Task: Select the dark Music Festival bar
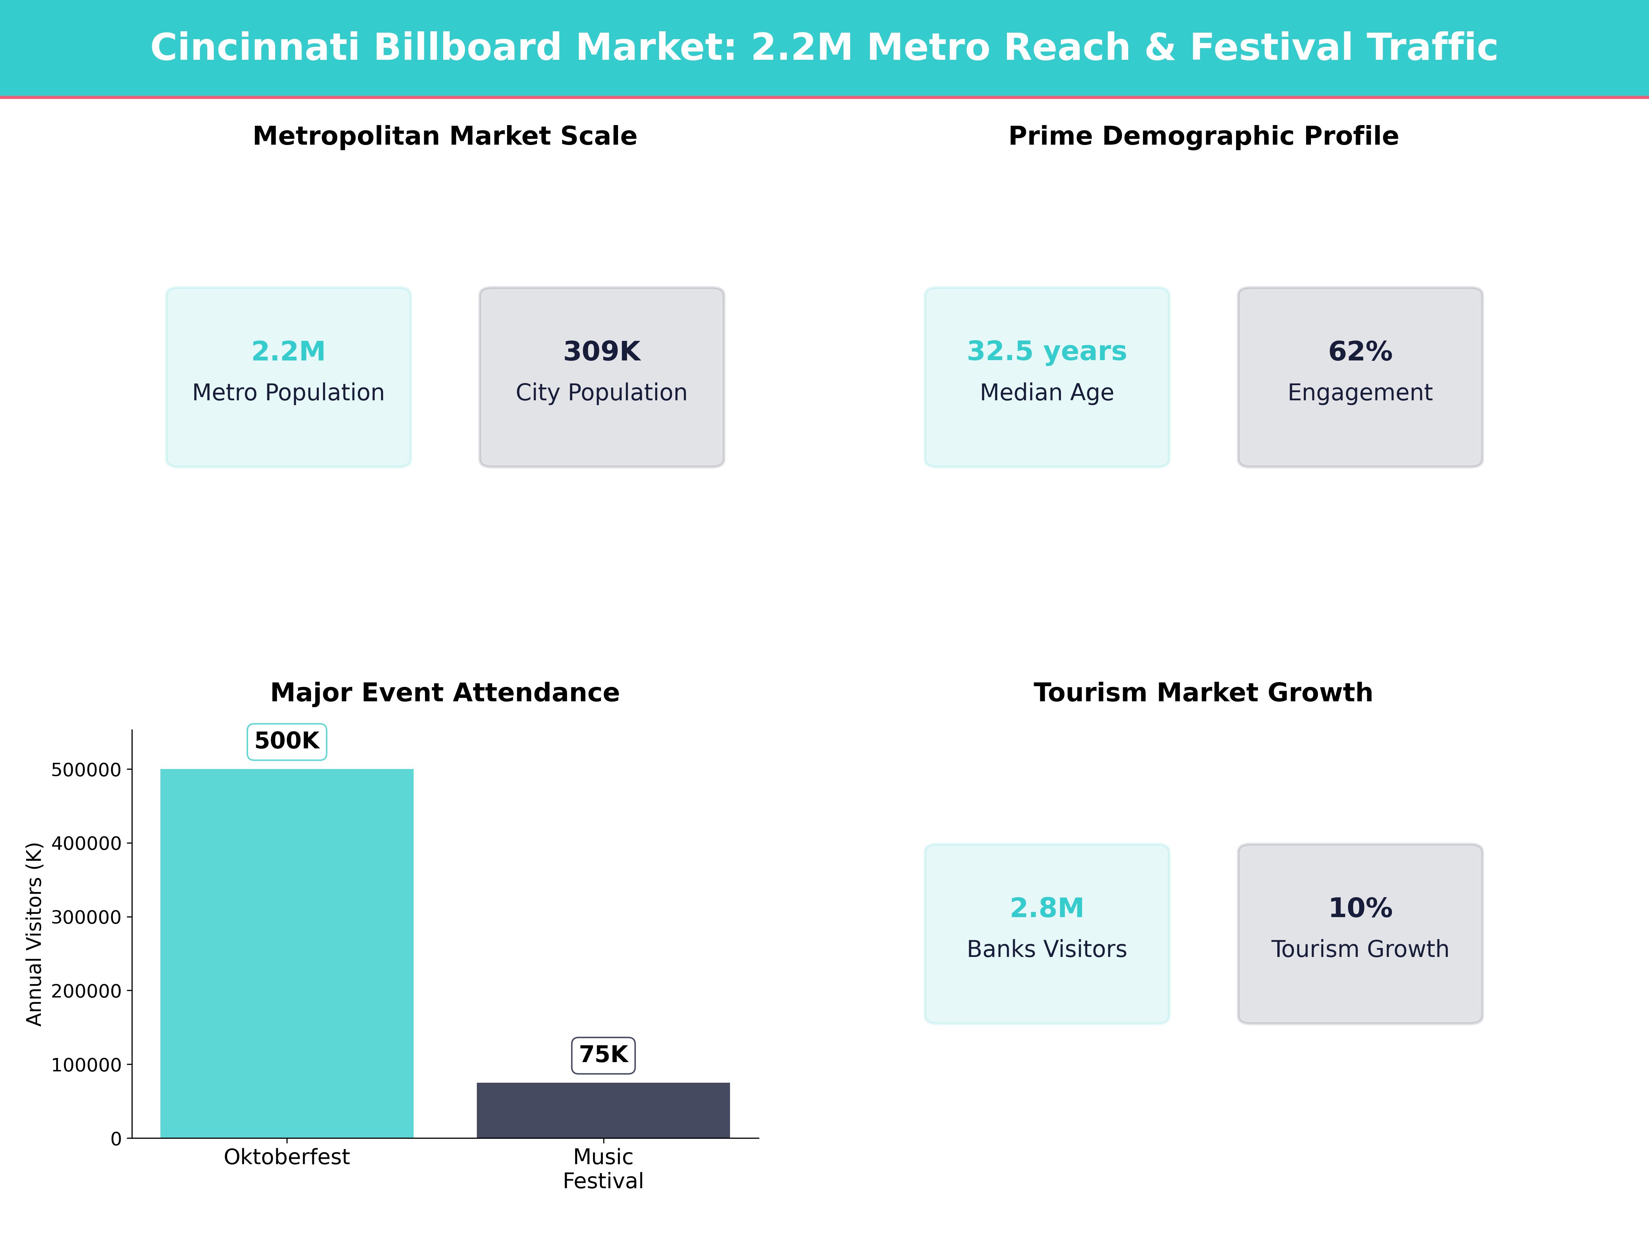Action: [603, 1110]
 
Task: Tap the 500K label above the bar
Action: [287, 741]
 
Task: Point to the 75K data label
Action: [603, 1055]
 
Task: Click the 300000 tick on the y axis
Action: [86, 917]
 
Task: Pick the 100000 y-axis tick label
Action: [86, 1065]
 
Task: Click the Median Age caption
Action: [1047, 392]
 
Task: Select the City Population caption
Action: [602, 392]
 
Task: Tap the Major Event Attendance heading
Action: [445, 693]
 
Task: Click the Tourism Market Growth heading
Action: [1203, 693]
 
